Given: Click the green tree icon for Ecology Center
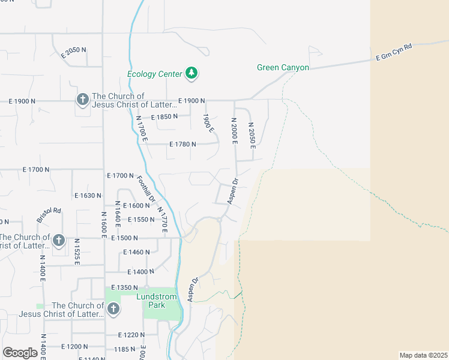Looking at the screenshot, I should pyautogui.click(x=191, y=73).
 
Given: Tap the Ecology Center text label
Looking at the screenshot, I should pyautogui.click(x=154, y=74).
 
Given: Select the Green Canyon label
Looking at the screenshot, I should pyautogui.click(x=283, y=68).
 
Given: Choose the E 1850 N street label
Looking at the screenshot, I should pyautogui.click(x=164, y=117).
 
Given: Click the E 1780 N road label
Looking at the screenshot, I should pyautogui.click(x=183, y=144).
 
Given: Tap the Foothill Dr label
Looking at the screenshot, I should pyautogui.click(x=146, y=189).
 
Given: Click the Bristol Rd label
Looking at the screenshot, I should pyautogui.click(x=49, y=215).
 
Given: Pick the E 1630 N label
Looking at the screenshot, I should pyautogui.click(x=88, y=196).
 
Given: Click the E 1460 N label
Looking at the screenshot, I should pyautogui.click(x=136, y=252).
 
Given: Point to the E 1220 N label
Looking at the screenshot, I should pyautogui.click(x=132, y=335).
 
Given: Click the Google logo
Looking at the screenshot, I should pyautogui.click(x=20, y=353).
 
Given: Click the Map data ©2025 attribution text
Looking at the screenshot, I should pyautogui.click(x=423, y=355).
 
